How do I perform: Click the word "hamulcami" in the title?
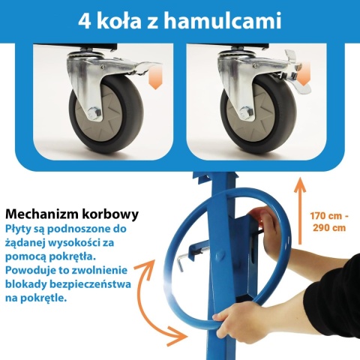[x=229, y=19]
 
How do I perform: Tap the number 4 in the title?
[x=87, y=19]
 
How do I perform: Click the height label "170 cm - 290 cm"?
[x=328, y=223]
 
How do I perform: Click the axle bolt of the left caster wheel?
[x=93, y=113]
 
